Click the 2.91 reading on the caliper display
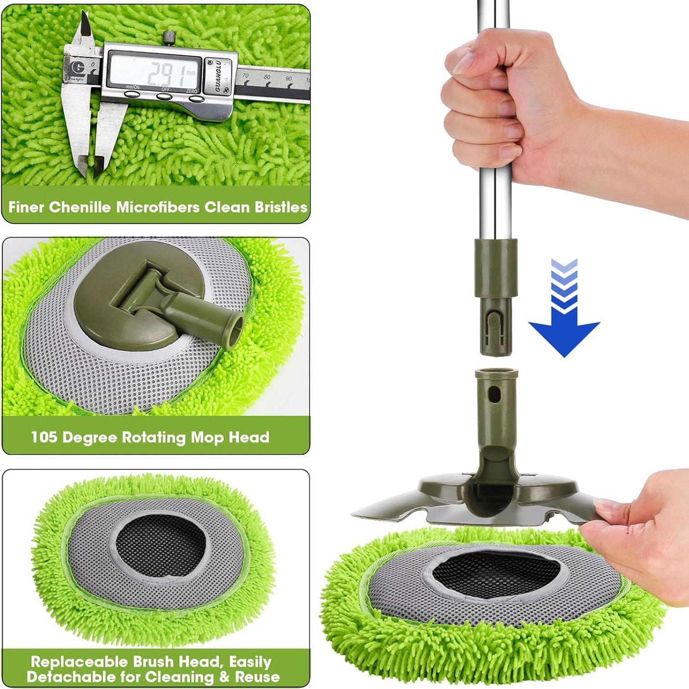[x=159, y=72]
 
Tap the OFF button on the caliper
[x=165, y=96]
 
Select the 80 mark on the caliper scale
[x=267, y=77]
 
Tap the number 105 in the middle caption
[x=44, y=437]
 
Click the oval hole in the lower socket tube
[x=494, y=394]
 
